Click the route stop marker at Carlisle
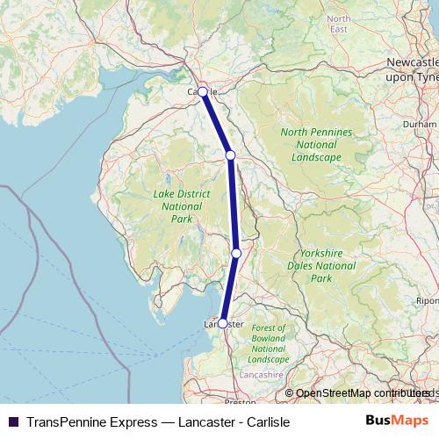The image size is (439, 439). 202,91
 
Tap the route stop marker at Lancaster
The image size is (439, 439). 222,323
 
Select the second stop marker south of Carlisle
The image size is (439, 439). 236,253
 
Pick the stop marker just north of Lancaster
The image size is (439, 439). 236,253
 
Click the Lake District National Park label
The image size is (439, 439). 176,206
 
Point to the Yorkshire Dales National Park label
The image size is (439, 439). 321,265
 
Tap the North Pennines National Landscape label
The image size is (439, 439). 316,145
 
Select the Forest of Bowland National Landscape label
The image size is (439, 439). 268,344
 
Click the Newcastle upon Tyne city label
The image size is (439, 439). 412,70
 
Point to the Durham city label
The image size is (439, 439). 420,125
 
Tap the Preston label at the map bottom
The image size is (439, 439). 240,401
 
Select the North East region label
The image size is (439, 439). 338,24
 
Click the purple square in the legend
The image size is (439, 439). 13,421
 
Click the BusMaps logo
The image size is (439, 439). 397,421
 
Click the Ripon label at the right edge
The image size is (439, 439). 428,300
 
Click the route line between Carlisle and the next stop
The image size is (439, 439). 216,123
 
